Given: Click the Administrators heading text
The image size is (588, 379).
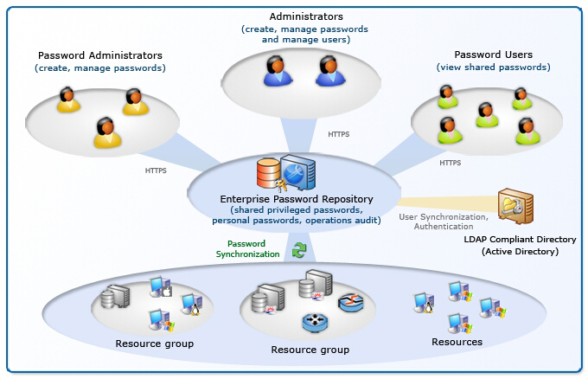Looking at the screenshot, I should tap(305, 16).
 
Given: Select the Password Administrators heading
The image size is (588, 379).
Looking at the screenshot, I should tap(99, 55).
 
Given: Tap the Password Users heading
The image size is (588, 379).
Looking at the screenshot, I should tap(493, 55).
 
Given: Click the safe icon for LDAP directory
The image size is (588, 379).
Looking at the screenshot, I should tap(515, 207).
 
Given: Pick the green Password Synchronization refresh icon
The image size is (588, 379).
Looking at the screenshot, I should tap(299, 249).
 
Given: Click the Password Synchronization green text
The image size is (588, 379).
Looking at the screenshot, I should tap(247, 249).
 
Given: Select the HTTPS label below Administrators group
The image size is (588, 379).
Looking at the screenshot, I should tap(339, 135).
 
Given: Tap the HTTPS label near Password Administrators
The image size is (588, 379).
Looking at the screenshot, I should tap(156, 170).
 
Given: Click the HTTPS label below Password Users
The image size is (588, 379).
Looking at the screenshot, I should tap(450, 162).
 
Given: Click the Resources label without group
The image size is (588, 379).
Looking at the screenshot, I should tap(457, 342).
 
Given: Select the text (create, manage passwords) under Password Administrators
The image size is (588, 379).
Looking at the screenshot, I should tap(99, 67).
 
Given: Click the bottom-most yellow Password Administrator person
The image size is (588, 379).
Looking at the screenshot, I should tap(105, 132).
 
